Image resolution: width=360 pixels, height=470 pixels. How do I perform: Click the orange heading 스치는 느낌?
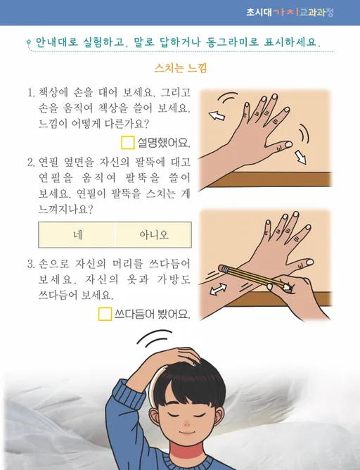tap(179, 69)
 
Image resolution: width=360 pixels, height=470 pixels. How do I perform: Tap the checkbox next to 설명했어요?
tap(128, 144)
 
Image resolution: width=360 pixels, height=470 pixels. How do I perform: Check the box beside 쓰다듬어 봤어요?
tap(105, 314)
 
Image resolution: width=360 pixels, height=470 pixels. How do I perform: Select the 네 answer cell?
tap(77, 234)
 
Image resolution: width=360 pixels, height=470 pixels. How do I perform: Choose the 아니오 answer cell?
tap(153, 234)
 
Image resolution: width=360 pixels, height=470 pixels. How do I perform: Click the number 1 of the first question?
tap(30, 93)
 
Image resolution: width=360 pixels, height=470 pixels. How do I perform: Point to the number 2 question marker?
tap(31, 163)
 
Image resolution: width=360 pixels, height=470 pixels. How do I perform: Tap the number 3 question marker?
tap(31, 264)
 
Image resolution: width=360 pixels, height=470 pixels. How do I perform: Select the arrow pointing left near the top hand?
tap(219, 115)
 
